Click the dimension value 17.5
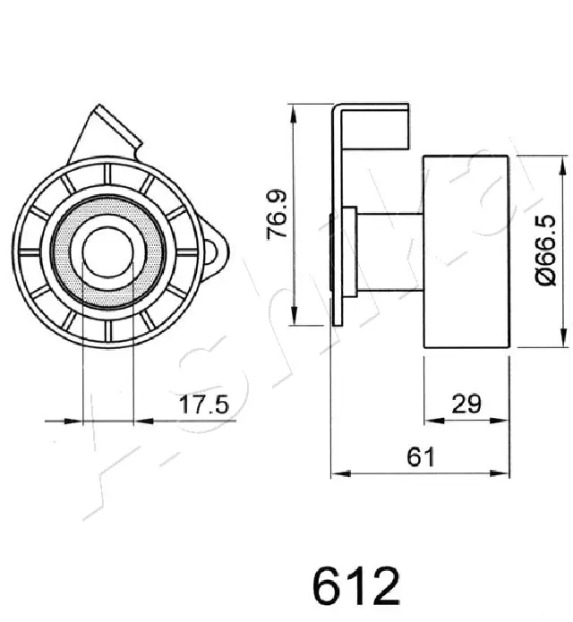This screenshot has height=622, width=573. click(205, 405)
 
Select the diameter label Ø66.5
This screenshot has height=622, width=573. click(541, 252)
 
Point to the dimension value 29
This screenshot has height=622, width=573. click(466, 404)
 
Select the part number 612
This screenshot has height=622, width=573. click(355, 586)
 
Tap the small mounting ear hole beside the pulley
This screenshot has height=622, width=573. click(215, 251)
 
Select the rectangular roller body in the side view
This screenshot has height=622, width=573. click(466, 252)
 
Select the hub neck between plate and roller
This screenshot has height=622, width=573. click(389, 252)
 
